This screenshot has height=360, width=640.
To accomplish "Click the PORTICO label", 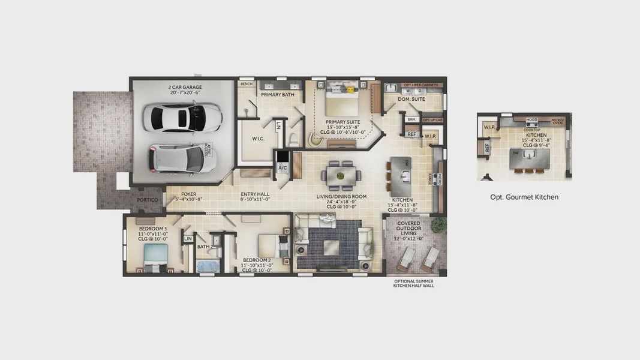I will pyautogui.click(x=147, y=200).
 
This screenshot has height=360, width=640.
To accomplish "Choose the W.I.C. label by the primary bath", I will pyautogui.click(x=259, y=139).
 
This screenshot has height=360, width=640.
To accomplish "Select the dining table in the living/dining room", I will pyautogui.click(x=341, y=176).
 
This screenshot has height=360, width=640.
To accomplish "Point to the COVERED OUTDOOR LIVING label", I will pyautogui.click(x=408, y=230).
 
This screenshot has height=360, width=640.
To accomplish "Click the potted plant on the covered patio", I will pyautogui.click(x=438, y=224).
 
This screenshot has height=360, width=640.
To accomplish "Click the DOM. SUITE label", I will pyautogui.click(x=411, y=99).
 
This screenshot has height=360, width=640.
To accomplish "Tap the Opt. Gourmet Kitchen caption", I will pyautogui.click(x=524, y=197).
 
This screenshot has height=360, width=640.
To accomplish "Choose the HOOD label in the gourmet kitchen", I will pyautogui.click(x=531, y=120).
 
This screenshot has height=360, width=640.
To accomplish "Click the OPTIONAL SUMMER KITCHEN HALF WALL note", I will pyautogui.click(x=413, y=283).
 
